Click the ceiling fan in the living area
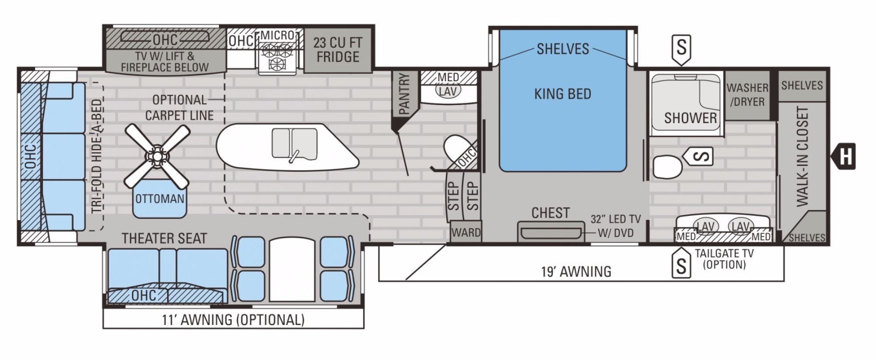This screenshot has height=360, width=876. click(157, 155)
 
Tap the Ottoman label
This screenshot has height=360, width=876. click(160, 199)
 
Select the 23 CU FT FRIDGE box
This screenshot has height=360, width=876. click(338, 49)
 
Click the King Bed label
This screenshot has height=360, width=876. click(563, 94)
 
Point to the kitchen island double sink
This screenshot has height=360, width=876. click(294, 144)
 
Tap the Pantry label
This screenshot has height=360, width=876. click(404, 94)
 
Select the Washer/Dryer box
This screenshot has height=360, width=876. click(747, 95)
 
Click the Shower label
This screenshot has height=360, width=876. click(691, 118)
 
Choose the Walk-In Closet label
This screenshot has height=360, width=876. click(802, 156)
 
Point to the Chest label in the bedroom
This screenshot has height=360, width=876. click(551, 213)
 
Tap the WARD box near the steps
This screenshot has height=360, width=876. click(466, 232)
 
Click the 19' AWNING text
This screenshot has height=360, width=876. click(576, 272)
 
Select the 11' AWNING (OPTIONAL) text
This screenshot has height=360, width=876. click(233, 320)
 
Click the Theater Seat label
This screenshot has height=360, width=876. click(164, 238)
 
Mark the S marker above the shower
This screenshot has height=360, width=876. click(681, 49)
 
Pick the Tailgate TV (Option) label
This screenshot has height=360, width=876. click(724, 259)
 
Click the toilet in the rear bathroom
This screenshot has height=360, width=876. click(667, 166)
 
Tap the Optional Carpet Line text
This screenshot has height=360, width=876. click(180, 108)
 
